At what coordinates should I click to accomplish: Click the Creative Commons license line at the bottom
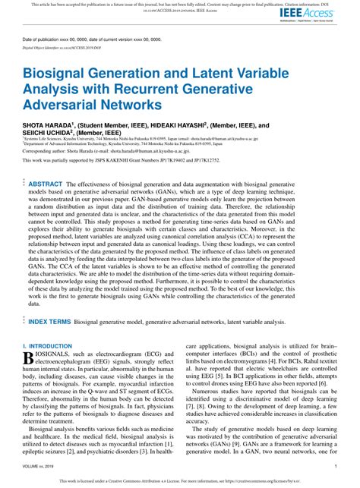pyautogui.click(x=180, y=480)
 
